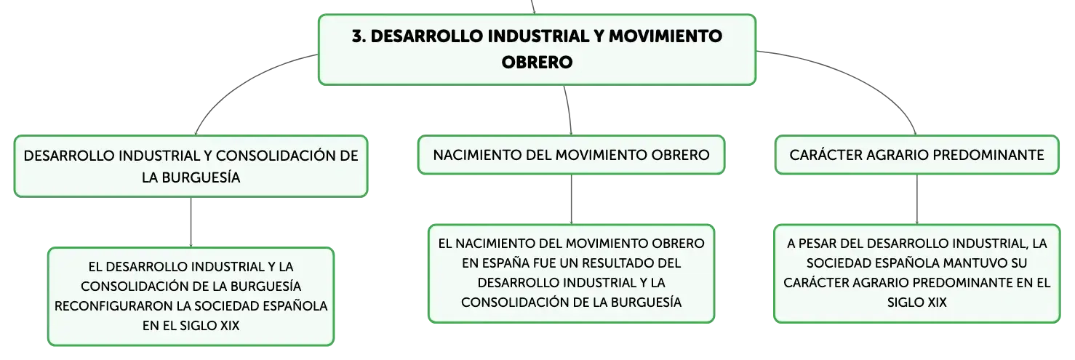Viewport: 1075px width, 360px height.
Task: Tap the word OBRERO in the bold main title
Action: coord(537,62)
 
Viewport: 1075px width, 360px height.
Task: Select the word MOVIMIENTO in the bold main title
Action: coord(666,36)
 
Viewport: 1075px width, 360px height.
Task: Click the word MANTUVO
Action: coord(978,263)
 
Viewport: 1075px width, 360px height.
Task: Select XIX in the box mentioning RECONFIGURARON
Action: coord(230,325)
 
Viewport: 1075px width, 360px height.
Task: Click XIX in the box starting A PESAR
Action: coord(937,303)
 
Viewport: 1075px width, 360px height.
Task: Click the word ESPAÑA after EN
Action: coord(482,263)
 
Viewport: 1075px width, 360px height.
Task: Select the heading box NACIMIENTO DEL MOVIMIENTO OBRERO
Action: coord(571,155)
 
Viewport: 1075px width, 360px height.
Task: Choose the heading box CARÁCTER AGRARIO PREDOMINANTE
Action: coord(916,155)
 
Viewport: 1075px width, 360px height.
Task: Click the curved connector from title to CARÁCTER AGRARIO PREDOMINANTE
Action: coord(859,77)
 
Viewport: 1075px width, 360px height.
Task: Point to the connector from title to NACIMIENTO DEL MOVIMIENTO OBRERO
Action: coord(570,110)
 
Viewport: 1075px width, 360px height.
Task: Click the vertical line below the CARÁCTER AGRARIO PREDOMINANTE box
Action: coord(916,199)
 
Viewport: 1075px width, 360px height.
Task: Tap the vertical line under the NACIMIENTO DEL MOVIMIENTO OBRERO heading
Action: coord(571,199)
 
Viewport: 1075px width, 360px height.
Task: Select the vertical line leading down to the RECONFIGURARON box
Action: coord(191,223)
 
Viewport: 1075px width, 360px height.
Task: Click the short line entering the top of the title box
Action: coord(532,7)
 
